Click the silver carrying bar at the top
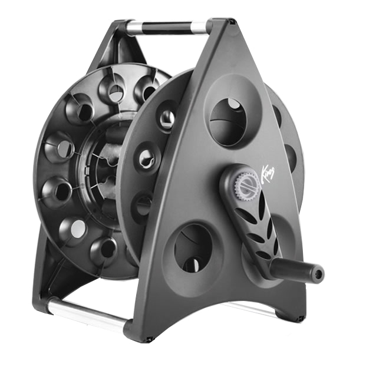pos(168,27)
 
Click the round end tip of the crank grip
pos(318,273)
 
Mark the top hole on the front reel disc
pos(167,116)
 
